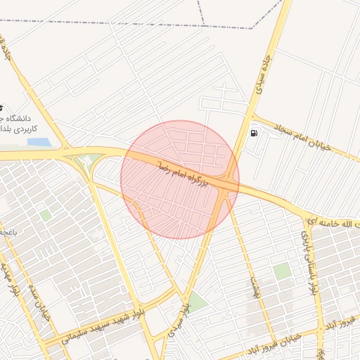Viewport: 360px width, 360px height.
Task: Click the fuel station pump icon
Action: pyautogui.click(x=253, y=132)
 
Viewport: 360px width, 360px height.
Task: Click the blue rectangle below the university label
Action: pyautogui.click(x=39, y=142)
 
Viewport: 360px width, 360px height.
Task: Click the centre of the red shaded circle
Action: pyautogui.click(x=180, y=179)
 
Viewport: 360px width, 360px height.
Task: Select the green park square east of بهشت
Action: pyautogui.click(x=282, y=271)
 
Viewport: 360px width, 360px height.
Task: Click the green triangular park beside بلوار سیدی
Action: pyautogui.click(x=198, y=303)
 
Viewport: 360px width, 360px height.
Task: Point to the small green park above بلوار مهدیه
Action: pyautogui.click(x=45, y=214)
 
